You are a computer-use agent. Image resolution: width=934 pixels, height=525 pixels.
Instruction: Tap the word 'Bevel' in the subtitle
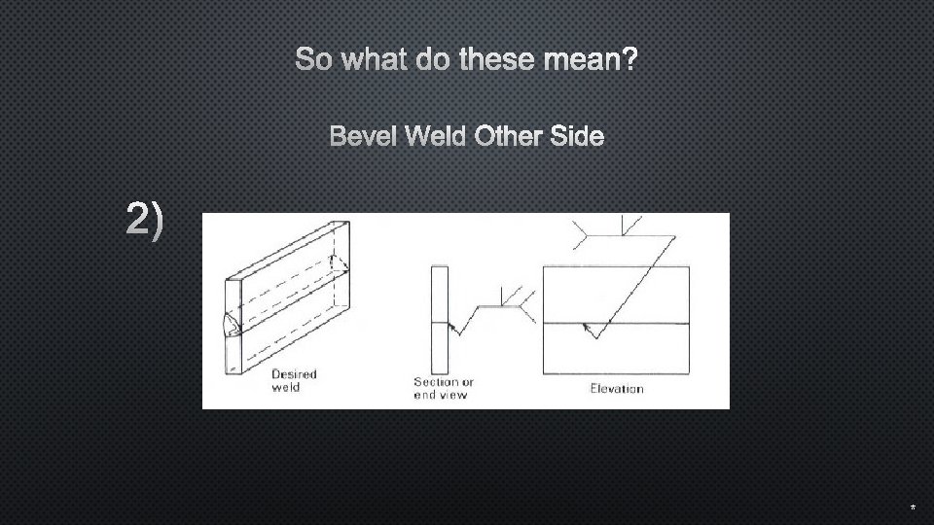pos(364,137)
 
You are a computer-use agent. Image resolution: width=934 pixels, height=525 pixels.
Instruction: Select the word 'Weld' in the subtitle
pos(437,137)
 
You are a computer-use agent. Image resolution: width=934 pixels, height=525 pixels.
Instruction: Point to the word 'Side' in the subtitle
pos(576,137)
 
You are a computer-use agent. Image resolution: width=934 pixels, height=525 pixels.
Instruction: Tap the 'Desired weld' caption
pos(293,380)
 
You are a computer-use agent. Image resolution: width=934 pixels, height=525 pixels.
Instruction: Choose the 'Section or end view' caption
pos(443,387)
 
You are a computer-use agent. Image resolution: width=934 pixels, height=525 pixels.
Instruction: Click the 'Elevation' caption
pos(617,389)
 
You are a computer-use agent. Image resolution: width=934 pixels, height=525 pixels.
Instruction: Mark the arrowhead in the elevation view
pos(587,330)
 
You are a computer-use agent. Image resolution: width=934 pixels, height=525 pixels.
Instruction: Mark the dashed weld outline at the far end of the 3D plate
pos(338,264)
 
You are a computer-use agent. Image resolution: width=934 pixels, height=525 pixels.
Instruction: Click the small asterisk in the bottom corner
pos(913,508)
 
